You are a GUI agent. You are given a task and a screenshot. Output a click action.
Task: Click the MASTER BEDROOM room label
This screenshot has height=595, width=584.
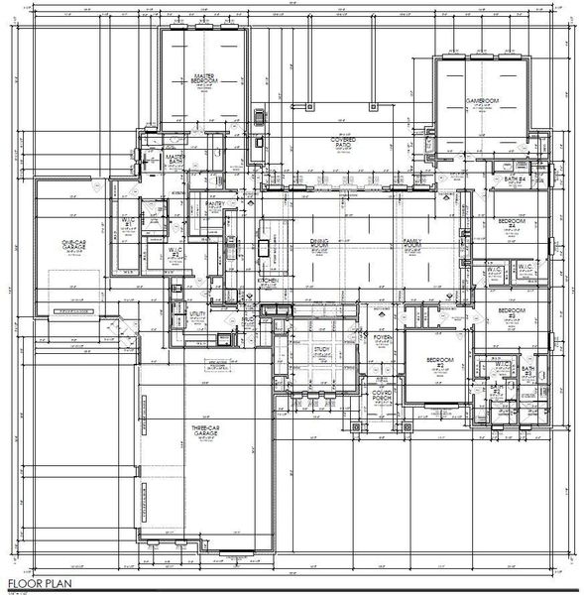coord(205,78)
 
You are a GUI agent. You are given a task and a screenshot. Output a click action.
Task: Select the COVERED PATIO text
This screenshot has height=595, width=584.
coord(343,143)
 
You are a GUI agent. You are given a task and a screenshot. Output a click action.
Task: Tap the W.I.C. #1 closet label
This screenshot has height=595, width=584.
coord(128,221)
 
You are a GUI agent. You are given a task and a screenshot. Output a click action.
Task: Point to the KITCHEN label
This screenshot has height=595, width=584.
coord(269,281)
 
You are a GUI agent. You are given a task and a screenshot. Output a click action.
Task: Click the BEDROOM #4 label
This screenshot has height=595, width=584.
coord(511,222)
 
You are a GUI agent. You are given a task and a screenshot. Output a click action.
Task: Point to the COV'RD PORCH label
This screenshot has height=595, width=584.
coord(382,396)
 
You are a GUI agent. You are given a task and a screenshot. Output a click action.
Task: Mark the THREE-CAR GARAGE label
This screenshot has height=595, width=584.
coord(204,432)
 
